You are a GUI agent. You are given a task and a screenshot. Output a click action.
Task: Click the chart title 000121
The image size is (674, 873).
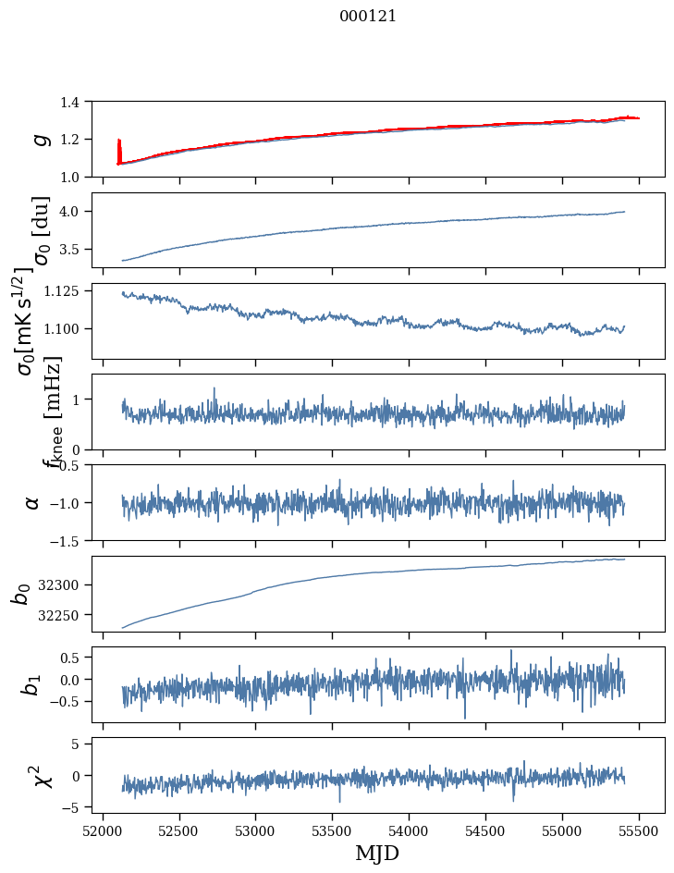[368, 17]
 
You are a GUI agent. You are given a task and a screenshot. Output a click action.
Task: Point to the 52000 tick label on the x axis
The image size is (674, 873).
[103, 829]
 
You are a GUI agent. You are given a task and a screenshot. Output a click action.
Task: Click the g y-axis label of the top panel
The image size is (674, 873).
[39, 139]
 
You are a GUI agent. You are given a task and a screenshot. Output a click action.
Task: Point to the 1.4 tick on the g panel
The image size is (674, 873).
[79, 102]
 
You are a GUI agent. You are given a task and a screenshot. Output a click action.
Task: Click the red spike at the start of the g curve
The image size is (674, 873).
[119, 148]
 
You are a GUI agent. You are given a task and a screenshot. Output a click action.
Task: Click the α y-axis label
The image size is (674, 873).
[33, 502]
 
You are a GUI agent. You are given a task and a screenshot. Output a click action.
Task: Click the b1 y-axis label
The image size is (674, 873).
[32, 684]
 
